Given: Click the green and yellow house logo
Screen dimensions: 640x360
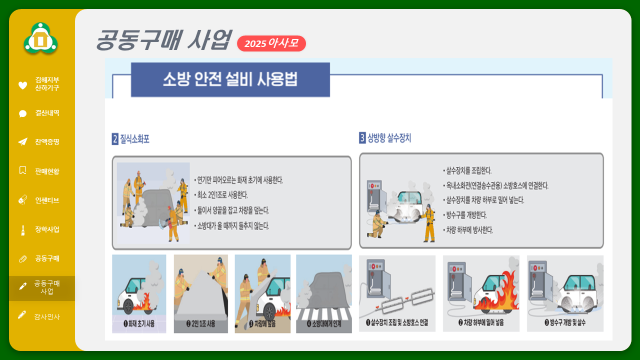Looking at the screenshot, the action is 40,38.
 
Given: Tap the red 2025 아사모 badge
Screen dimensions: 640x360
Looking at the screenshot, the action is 271,43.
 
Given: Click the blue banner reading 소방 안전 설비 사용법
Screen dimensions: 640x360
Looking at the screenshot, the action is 230,79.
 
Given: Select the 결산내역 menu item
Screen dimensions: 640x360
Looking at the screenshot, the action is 47,113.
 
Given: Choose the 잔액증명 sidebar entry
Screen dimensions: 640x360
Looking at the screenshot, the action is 47,142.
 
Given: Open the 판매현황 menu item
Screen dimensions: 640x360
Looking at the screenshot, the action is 47,171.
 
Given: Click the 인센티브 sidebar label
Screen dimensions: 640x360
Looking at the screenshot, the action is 47,200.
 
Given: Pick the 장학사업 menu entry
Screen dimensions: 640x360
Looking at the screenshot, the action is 47,229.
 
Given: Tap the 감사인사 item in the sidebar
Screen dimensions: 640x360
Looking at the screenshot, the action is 47,316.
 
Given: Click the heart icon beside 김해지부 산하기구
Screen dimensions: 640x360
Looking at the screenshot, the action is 22,85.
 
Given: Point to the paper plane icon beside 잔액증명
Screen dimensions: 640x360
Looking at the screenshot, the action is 23,141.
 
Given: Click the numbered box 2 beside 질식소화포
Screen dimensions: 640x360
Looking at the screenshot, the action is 115,139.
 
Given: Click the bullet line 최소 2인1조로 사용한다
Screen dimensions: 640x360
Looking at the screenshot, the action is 221,195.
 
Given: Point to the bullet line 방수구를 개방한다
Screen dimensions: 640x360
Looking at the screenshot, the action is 465,215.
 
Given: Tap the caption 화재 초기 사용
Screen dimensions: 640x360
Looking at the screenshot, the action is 139,323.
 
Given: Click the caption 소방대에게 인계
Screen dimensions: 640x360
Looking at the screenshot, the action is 324,323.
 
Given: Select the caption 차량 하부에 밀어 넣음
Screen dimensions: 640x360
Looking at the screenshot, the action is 481,322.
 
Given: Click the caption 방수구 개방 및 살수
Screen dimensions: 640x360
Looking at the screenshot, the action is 565,322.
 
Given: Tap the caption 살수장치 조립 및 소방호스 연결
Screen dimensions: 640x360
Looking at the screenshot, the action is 397,322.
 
